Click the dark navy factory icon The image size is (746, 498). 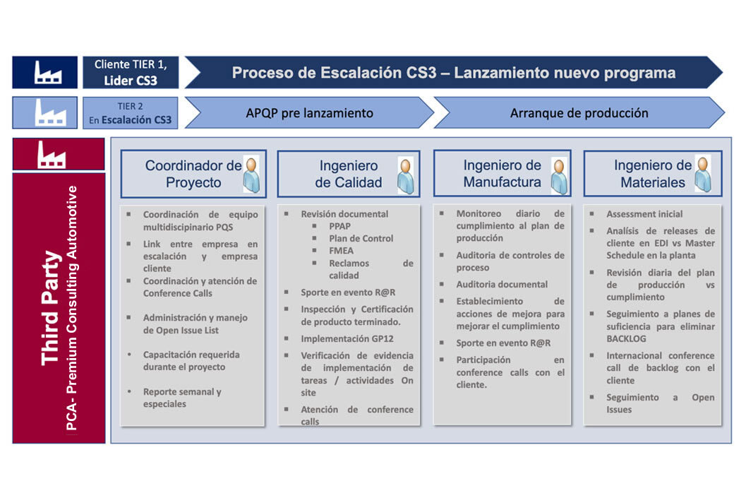pos(47,73)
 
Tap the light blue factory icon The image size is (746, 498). pos(50,113)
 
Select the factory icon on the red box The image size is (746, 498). pos(52,154)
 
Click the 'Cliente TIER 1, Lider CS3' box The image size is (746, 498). pos(131,72)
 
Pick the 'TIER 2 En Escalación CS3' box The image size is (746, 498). pos(131,113)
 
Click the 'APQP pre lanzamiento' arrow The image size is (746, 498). pos(309,113)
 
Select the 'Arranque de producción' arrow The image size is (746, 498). pos(579,113)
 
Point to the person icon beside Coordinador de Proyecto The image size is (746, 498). pos(251,174)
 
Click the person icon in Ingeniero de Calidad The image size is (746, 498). pos(405,176)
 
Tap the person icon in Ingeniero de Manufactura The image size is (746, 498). pos(560,176)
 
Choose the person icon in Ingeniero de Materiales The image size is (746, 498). pos(703,174)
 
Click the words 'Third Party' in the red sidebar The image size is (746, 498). pos(51,308)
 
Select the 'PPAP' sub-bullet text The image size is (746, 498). pos(339,226)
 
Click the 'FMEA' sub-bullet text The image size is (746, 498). pos(341,251)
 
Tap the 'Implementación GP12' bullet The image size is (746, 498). pos(347,338)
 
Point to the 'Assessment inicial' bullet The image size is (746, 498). pos(644,214)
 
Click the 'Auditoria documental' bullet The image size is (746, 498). pos(502,284)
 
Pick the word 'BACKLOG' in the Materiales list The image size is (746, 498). pos(626,338)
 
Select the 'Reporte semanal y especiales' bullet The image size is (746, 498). pos(182,398)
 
